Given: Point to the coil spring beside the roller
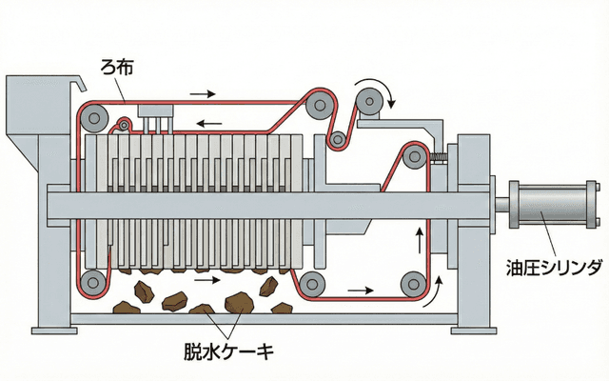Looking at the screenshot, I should pos(439,158).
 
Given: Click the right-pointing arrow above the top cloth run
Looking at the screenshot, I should pos(202,94).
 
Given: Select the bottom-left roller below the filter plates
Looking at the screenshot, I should pos(92,281).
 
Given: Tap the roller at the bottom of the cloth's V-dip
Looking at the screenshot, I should pos(336,141).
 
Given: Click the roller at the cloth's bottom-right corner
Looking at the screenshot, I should pos(412,282).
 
